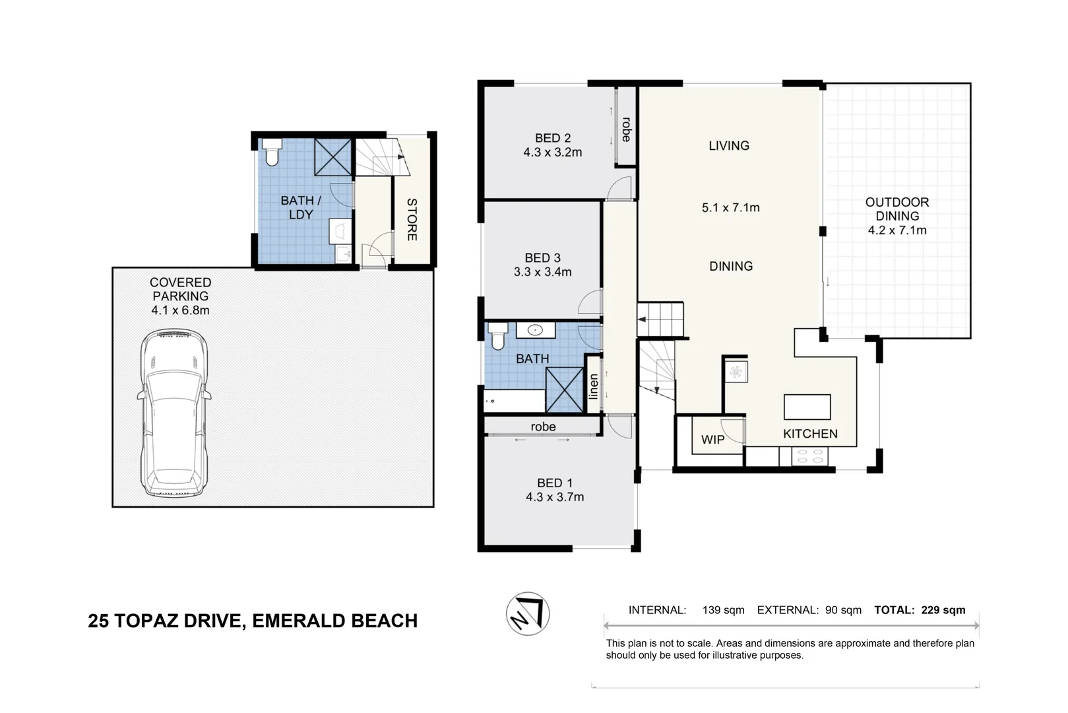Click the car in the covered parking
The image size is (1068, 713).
point(174,413)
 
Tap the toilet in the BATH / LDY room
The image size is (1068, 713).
point(272,153)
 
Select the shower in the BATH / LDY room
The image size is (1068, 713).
point(333,157)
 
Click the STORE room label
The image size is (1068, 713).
point(412,219)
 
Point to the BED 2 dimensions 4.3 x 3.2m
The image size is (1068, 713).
point(553,153)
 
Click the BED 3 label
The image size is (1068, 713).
point(542,258)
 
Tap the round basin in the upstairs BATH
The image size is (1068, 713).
point(535,331)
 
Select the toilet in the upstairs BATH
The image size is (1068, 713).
point(497,336)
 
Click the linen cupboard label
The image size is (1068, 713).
point(594,386)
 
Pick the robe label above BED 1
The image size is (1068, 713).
point(543,427)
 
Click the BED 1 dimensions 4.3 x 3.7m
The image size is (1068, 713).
point(555,497)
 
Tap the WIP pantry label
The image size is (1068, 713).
point(712,440)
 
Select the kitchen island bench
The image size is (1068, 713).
point(807,407)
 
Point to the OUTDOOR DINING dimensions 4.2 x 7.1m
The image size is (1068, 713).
point(897,230)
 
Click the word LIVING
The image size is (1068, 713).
point(729,146)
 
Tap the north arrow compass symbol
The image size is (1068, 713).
point(528,614)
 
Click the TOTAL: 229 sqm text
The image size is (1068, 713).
point(920,610)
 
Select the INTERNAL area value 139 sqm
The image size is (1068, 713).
point(723,610)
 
